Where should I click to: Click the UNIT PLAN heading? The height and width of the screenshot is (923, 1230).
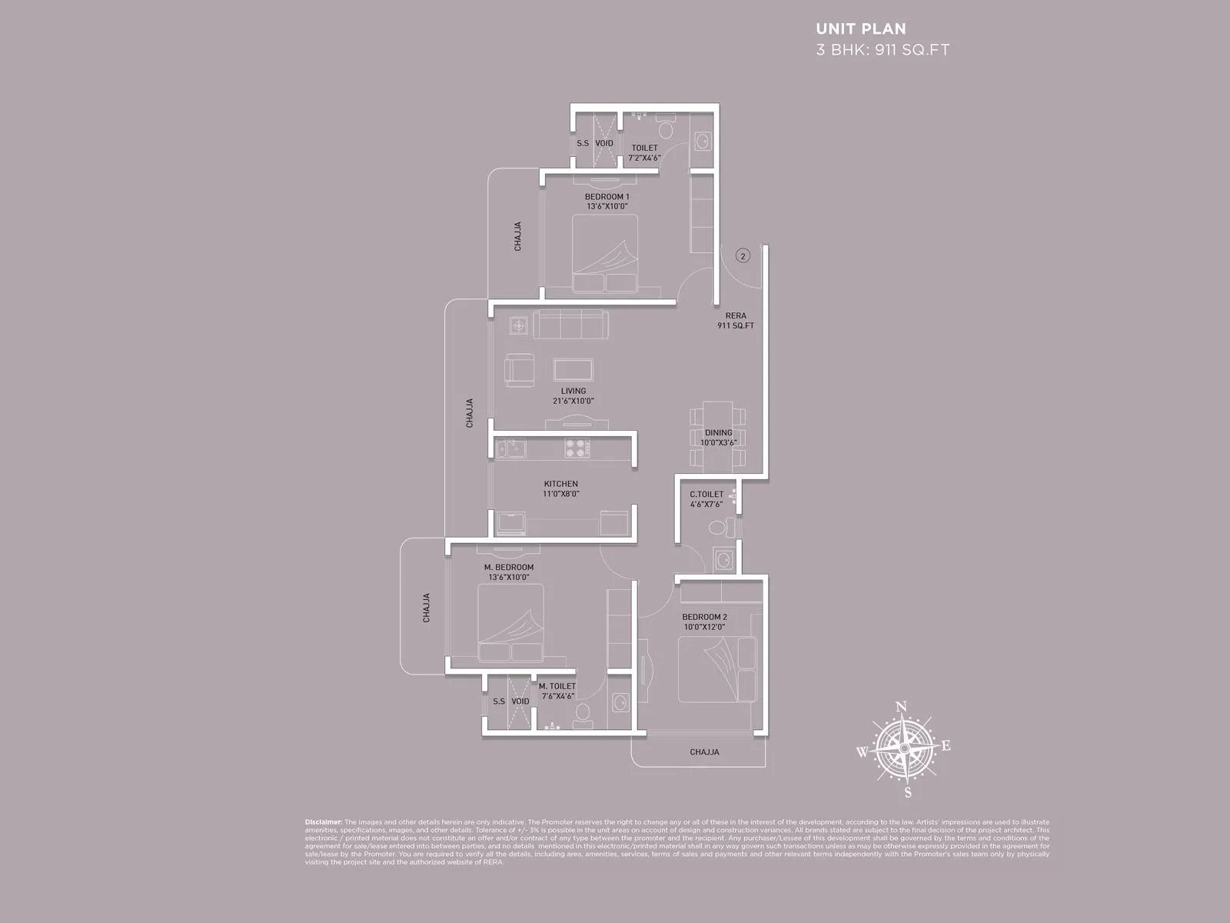pyautogui.click(x=860, y=29)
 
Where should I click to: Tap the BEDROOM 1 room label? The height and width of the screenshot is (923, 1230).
pyautogui.click(x=607, y=197)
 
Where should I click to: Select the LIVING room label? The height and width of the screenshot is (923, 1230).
pyautogui.click(x=573, y=391)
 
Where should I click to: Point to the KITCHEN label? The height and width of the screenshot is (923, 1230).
pyautogui.click(x=560, y=484)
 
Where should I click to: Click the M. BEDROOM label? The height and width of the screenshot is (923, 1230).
pyautogui.click(x=508, y=568)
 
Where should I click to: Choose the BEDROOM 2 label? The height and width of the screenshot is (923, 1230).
pyautogui.click(x=704, y=617)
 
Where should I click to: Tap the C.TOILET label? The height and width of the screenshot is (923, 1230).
pyautogui.click(x=706, y=495)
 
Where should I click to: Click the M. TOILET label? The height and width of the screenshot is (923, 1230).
pyautogui.click(x=557, y=686)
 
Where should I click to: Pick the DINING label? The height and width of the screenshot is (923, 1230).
pyautogui.click(x=718, y=433)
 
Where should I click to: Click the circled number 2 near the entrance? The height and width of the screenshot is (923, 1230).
pyautogui.click(x=742, y=256)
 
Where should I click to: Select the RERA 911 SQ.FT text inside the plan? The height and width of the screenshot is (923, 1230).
pyautogui.click(x=735, y=321)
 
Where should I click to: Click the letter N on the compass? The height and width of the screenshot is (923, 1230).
pyautogui.click(x=903, y=707)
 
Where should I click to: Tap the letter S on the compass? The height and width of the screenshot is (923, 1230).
pyautogui.click(x=908, y=793)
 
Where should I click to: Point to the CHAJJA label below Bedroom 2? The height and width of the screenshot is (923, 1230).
pyautogui.click(x=704, y=751)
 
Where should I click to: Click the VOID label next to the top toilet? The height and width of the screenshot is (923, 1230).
pyautogui.click(x=604, y=143)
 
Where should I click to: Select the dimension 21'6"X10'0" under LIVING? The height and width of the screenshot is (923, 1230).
pyautogui.click(x=573, y=401)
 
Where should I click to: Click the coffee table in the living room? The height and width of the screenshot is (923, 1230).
pyautogui.click(x=573, y=369)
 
